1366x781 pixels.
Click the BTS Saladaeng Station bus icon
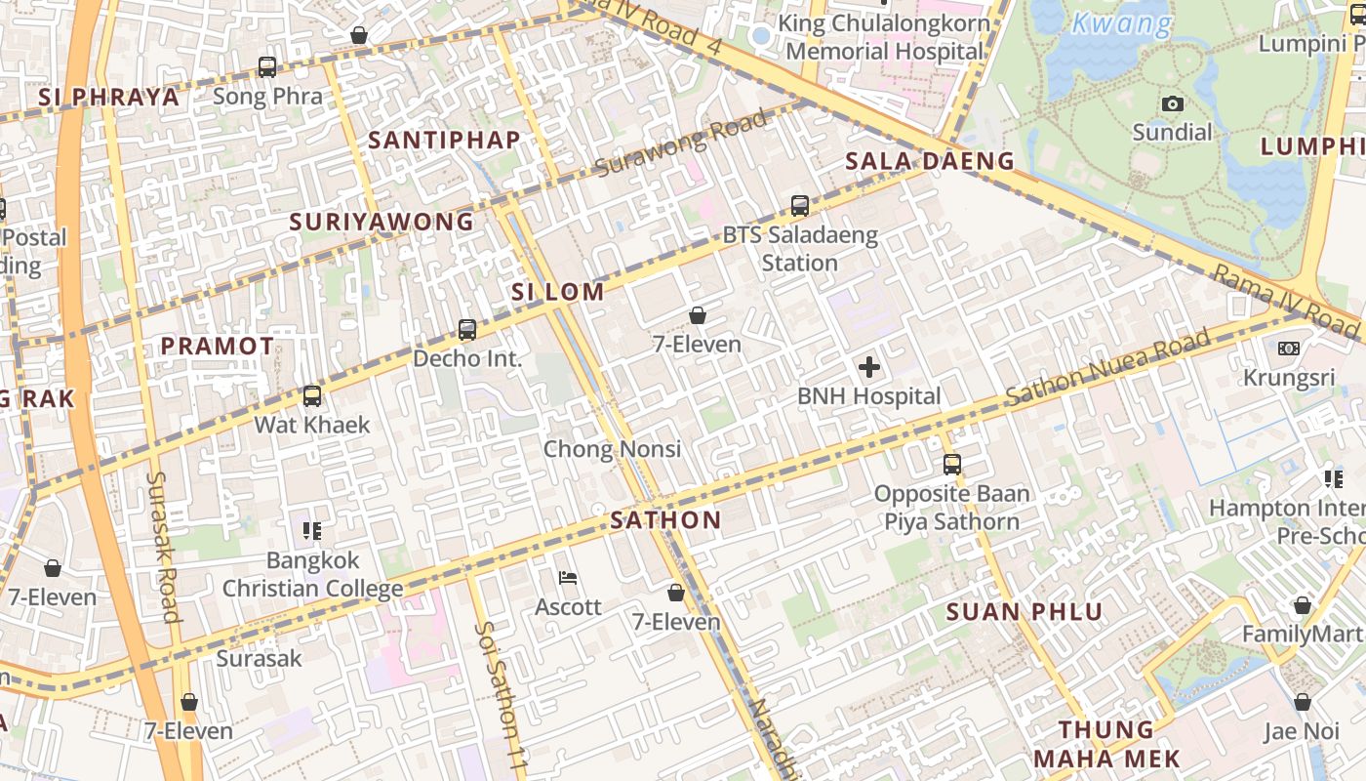[x=800, y=206]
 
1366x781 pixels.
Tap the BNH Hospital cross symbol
[x=868, y=367]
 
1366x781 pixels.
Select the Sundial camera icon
[x=1172, y=103]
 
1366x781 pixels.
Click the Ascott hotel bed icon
[x=568, y=578]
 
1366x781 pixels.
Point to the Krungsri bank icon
[x=1288, y=349]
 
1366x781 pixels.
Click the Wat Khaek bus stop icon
[x=312, y=396]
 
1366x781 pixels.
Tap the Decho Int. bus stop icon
[x=467, y=330]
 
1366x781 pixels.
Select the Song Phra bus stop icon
[x=267, y=67]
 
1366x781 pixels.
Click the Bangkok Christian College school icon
[x=312, y=531]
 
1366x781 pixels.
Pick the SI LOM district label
[x=558, y=292]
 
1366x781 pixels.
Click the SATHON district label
[x=665, y=520]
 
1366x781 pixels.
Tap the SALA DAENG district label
[x=930, y=161]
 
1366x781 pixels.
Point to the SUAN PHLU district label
[x=1024, y=613]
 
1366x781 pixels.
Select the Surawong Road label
[x=680, y=144]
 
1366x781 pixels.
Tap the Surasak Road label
[x=164, y=547]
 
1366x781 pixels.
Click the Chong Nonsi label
[x=612, y=449]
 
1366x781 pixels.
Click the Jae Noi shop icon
[x=1302, y=703]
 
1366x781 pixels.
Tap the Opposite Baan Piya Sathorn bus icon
[x=952, y=465]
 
